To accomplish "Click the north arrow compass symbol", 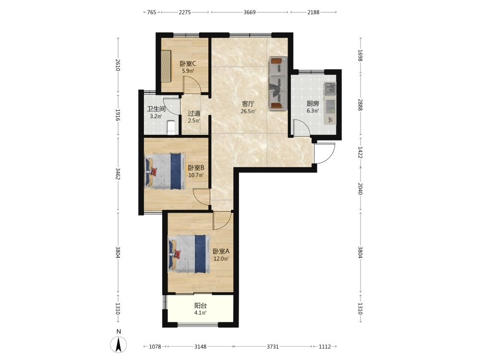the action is coord(119,344).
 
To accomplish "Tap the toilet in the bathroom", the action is coord(171,127).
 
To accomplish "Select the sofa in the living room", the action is coord(278,83).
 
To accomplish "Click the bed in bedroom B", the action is coord(165,171).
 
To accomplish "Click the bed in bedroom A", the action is coord(189,253).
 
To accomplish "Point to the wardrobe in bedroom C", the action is coord(166,66).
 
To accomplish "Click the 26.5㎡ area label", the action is coord(248,111).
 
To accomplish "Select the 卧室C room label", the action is coord(188,64).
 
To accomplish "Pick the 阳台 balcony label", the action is coord(201,305).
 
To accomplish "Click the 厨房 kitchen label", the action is coord(313,104).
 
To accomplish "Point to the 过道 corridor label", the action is coord(194,113).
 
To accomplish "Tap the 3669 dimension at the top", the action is coord(250,12).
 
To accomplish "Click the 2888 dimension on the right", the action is coord(360,105).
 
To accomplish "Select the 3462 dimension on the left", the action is coord(118,173).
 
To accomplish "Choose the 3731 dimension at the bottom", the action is coord(273,347).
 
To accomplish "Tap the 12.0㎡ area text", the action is coord(221,259).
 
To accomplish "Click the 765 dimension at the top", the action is coord(152,12).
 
